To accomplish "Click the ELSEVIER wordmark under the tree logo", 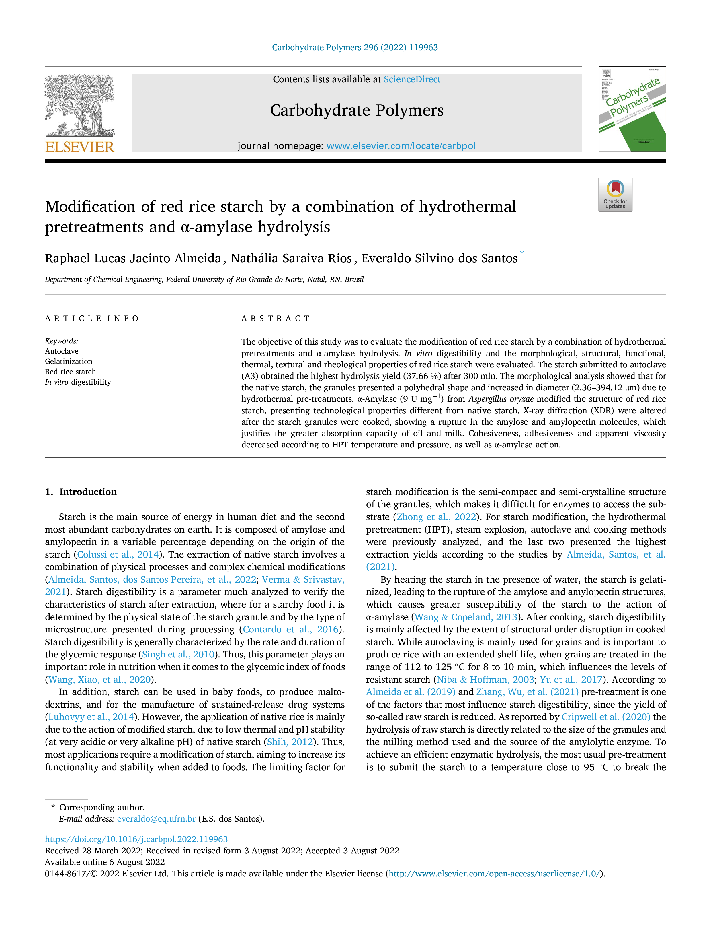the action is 80,147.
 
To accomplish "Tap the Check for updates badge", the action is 615,195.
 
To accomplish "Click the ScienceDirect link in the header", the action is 412,79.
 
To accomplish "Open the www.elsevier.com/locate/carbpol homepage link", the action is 401,146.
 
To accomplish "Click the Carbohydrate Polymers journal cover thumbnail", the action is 632,109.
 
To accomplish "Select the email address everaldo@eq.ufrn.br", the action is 157,819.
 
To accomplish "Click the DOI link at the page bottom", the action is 136,839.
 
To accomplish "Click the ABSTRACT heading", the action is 276,318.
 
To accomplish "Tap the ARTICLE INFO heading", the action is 92,318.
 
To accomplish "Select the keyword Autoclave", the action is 62,351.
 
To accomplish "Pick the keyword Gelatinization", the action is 69,361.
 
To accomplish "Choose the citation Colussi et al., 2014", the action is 118,554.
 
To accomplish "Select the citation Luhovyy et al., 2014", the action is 91,717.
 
